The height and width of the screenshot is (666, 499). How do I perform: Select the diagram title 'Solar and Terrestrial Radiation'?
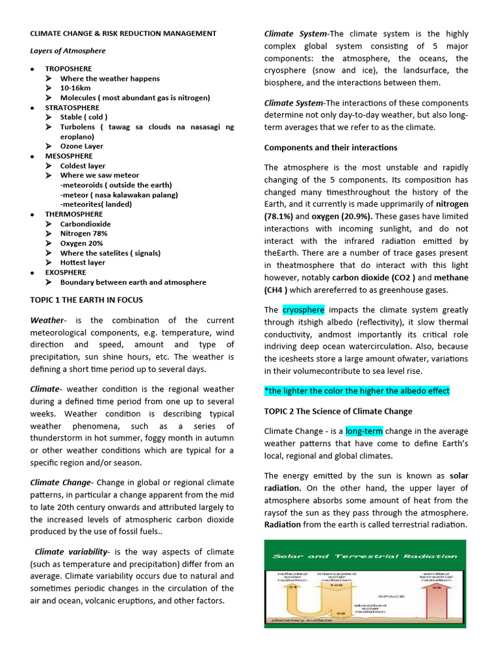pos(365,556)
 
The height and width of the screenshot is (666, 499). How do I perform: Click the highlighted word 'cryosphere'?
pos(303,310)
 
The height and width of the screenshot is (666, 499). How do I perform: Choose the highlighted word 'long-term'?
pos(364,431)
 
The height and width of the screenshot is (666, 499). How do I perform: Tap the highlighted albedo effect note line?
pos(357,391)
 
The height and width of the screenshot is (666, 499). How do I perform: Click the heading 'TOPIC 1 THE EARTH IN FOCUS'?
pos(86,300)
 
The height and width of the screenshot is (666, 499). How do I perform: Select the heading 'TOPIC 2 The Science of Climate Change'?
pos(338,411)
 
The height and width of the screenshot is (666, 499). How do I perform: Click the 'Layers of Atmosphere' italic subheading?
pos(68,51)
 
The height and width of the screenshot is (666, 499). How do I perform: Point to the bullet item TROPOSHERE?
pos(68,69)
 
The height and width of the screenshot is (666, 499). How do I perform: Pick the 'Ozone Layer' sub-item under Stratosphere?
pos(80,146)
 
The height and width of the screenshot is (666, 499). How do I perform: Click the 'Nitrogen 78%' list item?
pos(84,233)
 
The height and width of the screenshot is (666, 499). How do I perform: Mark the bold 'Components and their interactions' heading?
pos(331,148)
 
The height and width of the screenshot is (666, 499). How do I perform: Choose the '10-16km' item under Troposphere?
pos(75,88)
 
